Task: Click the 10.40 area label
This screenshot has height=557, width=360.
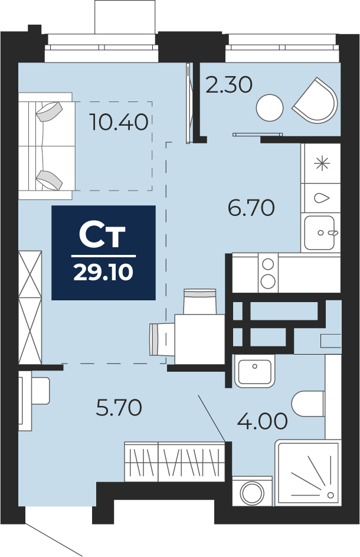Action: coord(119,122)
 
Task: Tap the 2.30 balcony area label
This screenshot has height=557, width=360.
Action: coord(229,85)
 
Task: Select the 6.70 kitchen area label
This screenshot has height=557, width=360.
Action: coord(251,208)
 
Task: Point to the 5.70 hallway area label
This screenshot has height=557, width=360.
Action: coord(119,408)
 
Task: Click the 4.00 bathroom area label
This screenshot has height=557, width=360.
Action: coord(262,421)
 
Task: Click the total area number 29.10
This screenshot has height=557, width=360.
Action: coord(103,273)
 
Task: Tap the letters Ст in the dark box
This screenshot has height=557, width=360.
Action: coord(102,235)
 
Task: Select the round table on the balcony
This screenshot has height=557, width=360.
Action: coord(270,108)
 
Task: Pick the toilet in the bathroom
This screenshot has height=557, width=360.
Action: coord(308,404)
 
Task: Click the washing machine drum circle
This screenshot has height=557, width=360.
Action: coord(252,493)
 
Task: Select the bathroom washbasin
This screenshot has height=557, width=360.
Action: coord(254,371)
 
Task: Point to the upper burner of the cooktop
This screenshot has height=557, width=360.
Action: coord(267,264)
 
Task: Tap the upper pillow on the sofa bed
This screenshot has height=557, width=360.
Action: coord(50,112)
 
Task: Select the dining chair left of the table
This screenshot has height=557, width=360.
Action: coord(162,339)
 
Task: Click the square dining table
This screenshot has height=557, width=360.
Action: coord(199,339)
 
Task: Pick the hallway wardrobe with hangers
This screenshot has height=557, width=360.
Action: coord(175,462)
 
